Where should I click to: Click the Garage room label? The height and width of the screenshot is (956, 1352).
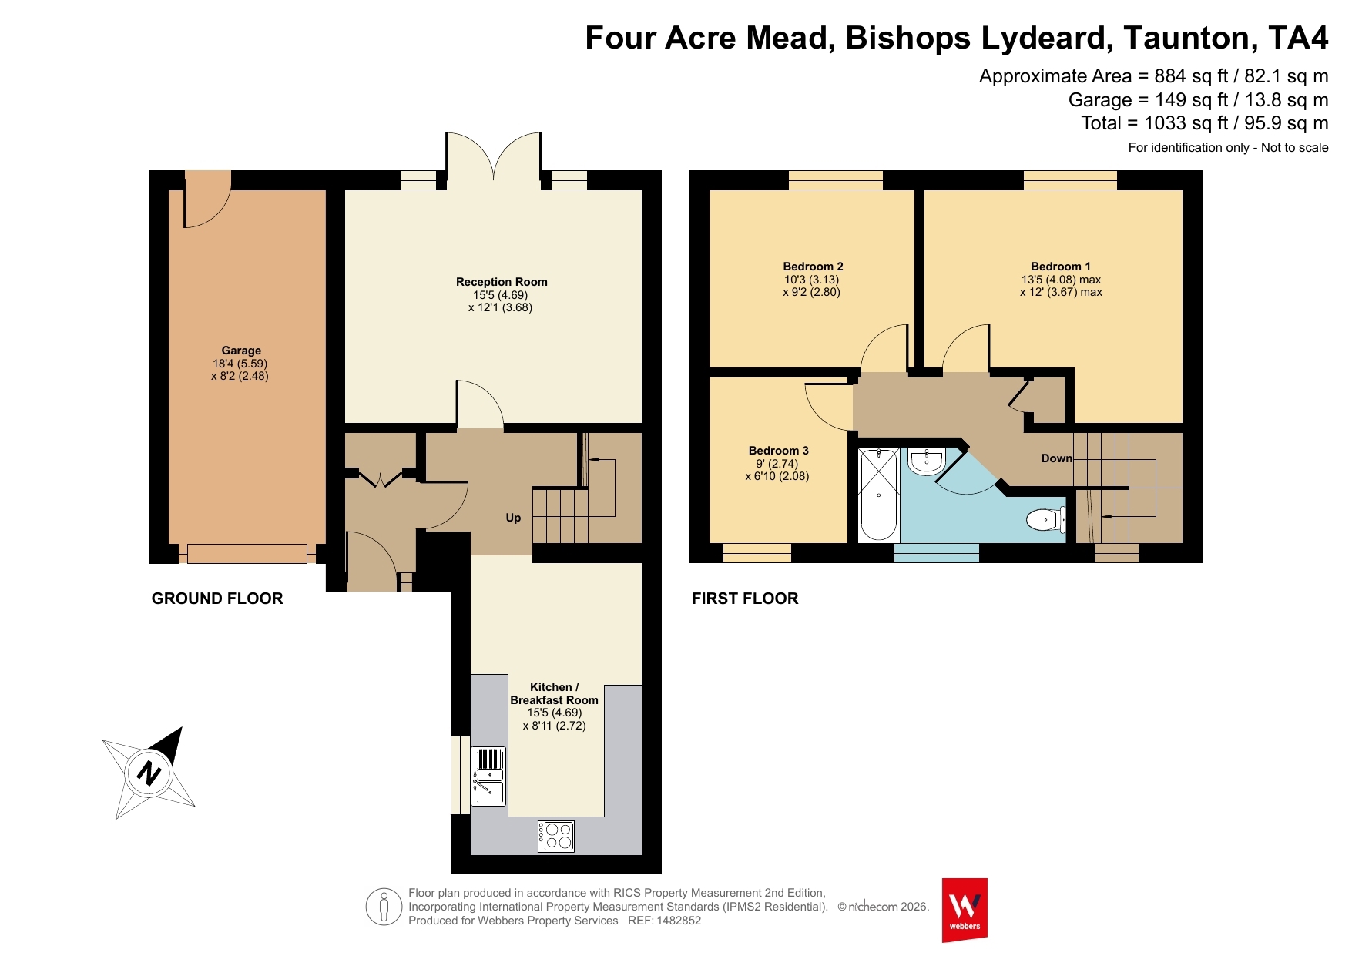point(241,351)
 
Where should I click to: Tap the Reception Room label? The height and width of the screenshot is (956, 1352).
point(502,282)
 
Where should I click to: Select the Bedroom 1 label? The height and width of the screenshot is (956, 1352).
point(1061,267)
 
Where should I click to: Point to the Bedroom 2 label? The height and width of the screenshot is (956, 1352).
point(813,267)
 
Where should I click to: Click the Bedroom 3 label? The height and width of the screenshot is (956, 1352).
point(778,451)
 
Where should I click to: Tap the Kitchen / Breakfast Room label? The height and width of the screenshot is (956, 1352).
point(554,693)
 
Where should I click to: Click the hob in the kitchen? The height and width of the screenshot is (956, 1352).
point(555,837)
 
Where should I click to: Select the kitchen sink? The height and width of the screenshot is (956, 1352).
point(488,777)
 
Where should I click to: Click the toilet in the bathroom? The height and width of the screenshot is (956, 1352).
point(1047,520)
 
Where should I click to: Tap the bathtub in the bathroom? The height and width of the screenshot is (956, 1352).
point(878,494)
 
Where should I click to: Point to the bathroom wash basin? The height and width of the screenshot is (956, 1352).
point(927,460)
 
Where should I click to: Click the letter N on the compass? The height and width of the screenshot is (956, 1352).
point(149,772)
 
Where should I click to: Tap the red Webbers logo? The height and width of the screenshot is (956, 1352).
point(965,910)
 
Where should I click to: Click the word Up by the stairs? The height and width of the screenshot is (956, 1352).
point(513,518)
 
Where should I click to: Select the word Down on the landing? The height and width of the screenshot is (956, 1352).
point(1056,458)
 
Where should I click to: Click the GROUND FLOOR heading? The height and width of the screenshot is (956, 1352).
point(217,599)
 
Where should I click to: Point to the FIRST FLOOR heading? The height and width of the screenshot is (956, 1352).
point(745,599)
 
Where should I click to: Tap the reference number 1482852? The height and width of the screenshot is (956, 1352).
point(679,921)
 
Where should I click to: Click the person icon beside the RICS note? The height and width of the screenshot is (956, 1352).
point(384,907)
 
